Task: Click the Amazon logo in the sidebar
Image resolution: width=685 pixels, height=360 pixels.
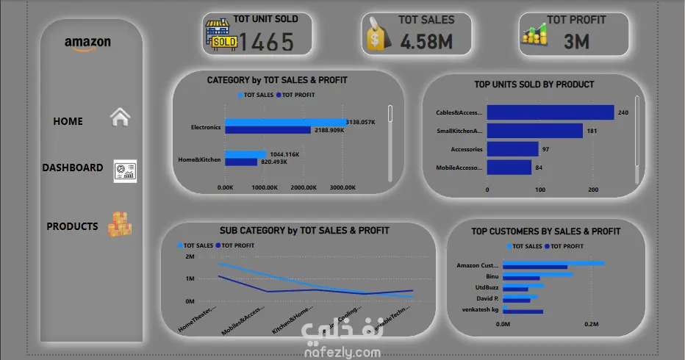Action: click(x=87, y=43)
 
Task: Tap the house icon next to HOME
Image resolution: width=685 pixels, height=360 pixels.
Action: click(x=120, y=118)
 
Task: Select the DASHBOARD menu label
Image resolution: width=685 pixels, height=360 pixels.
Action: click(x=72, y=168)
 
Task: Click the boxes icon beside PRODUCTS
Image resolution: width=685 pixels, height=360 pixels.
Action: click(x=120, y=224)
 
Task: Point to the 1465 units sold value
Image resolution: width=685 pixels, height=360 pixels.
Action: click(x=267, y=42)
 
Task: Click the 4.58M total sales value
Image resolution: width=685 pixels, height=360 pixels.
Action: click(x=426, y=42)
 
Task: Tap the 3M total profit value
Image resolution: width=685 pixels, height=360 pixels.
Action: click(x=577, y=42)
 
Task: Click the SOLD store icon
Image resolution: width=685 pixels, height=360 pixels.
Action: click(x=223, y=34)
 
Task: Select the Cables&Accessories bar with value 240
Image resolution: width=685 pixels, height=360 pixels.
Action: click(x=550, y=112)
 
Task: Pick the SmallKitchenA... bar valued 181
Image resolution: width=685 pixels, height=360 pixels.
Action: click(x=534, y=131)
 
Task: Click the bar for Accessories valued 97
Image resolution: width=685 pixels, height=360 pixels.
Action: click(x=512, y=149)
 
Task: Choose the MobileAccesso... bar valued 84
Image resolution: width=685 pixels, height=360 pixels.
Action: click(x=509, y=168)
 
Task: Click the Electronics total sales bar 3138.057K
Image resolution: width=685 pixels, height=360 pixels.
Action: click(x=285, y=122)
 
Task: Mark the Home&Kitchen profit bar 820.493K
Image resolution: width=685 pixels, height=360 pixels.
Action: click(x=241, y=162)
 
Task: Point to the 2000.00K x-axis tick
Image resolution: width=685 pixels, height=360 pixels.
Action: click(x=304, y=188)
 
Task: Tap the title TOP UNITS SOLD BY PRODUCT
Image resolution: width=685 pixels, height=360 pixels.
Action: click(x=534, y=84)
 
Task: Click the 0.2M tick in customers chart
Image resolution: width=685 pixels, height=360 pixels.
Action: click(x=592, y=323)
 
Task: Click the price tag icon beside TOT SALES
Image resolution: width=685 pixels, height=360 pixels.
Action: click(x=377, y=35)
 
